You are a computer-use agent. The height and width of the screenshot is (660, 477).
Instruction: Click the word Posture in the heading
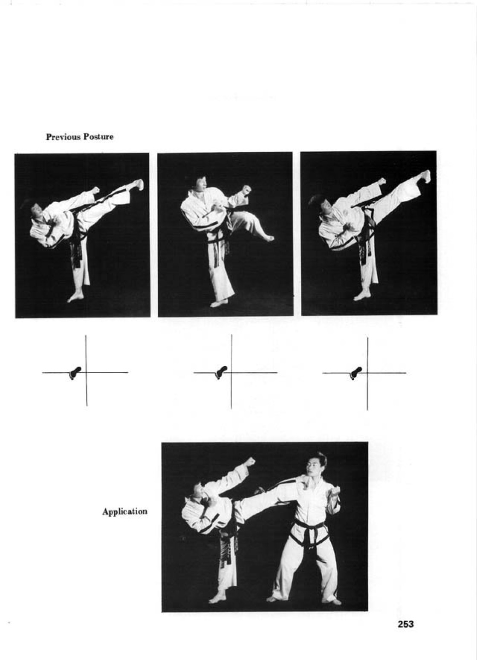98,137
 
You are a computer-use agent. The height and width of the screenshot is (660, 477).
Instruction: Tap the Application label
124,512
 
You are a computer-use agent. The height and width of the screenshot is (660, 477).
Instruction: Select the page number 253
406,624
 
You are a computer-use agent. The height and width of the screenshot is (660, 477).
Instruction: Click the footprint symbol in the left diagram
75,373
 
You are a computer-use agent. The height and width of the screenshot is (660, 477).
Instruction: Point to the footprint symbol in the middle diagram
221,373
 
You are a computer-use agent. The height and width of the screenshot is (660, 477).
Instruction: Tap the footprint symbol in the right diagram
356,373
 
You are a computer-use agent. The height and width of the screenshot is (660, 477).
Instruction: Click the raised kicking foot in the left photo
138,185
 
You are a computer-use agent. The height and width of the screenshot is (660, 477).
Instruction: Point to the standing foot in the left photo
75,297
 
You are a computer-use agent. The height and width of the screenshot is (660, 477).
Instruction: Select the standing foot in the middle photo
219,303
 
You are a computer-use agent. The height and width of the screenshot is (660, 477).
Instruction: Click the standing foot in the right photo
362,295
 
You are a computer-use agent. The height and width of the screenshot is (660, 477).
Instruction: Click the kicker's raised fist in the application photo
250,462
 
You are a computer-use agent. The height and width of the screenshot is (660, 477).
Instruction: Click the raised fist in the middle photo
246,189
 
